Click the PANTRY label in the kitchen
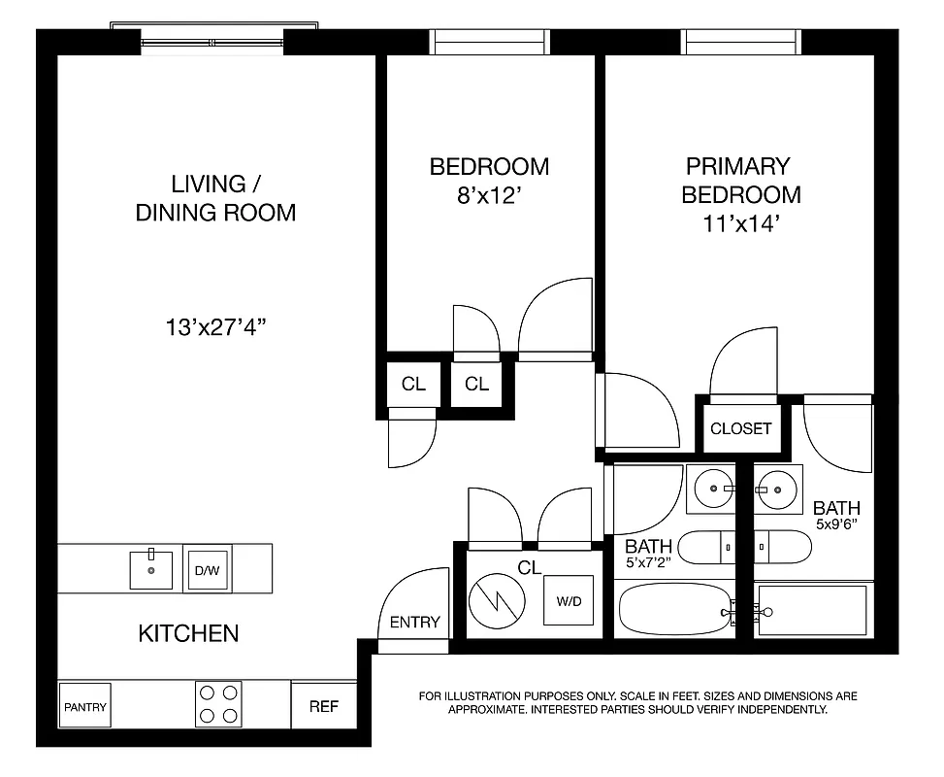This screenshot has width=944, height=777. click(x=85, y=707)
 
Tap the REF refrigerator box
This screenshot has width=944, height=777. click(x=323, y=706)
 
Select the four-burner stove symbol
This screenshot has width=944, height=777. click(x=218, y=704)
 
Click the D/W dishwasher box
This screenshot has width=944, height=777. click(x=207, y=570)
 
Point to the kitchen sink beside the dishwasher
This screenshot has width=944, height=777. click(x=152, y=569)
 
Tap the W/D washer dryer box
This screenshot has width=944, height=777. click(x=569, y=601)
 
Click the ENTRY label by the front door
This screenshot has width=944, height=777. click(x=414, y=623)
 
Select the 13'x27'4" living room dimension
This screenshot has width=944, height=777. click(x=215, y=326)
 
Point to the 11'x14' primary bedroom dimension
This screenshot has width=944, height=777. click(x=741, y=222)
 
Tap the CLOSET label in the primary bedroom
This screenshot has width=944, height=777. click(x=740, y=428)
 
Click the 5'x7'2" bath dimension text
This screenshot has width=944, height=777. click(x=649, y=562)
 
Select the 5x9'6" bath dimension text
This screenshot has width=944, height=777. click(x=836, y=524)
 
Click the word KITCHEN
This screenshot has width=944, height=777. click(x=188, y=634)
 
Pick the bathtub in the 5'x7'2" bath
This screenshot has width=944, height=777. click(x=675, y=609)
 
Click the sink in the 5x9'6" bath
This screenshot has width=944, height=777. click(x=776, y=489)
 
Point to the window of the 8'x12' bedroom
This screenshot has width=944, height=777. click(x=489, y=42)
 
